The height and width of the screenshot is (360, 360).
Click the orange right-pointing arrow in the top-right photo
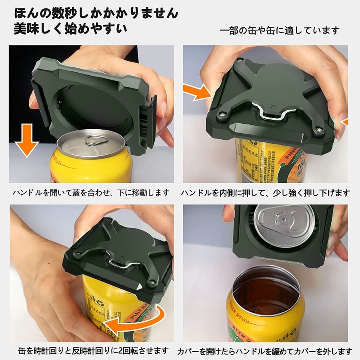pos(198,92)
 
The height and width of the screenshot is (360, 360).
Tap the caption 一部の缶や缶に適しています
pos(280,30)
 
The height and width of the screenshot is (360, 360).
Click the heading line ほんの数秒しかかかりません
pos(96,13)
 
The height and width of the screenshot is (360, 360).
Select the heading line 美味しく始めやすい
pos(70,29)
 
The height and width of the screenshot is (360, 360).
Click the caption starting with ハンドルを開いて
pos(91,193)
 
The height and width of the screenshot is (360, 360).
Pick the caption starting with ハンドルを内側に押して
pos(266,193)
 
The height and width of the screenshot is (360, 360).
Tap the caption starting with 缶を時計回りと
pos(94,351)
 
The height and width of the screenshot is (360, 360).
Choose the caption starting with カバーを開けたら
pos(265,351)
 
